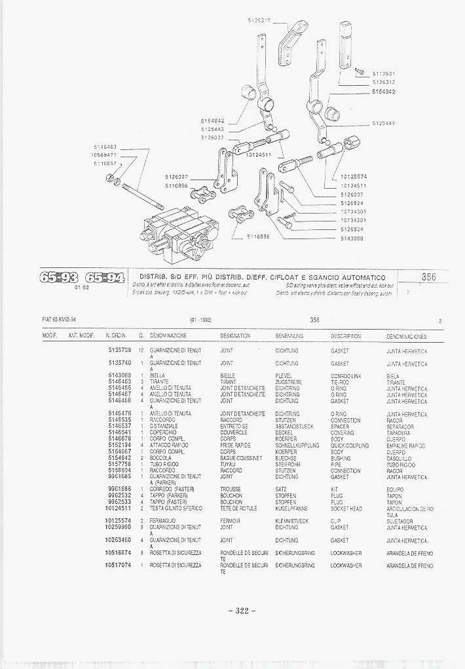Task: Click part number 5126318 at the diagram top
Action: [259, 21]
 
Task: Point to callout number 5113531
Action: [383, 74]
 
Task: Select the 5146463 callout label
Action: [105, 147]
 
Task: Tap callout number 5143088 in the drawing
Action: [352, 239]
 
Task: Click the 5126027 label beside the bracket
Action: [176, 177]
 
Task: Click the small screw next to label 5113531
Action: [360, 70]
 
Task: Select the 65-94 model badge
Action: [104, 278]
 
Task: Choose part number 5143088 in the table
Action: [120, 375]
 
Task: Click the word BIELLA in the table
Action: [157, 375]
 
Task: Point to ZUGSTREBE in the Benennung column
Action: [288, 382]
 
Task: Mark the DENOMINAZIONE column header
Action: [168, 335]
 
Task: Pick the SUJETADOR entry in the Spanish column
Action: [400, 522]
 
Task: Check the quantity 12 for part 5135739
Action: [141, 351]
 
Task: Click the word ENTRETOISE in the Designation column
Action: [234, 427]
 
